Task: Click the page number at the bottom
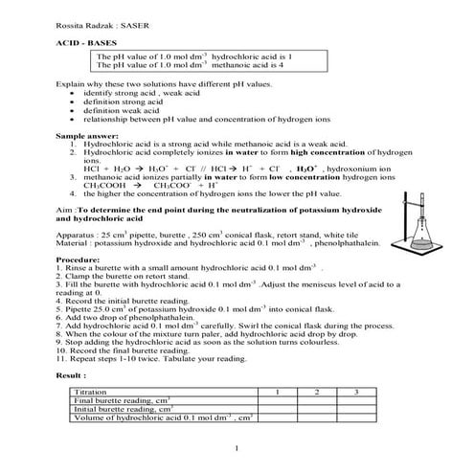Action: (x=237, y=449)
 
